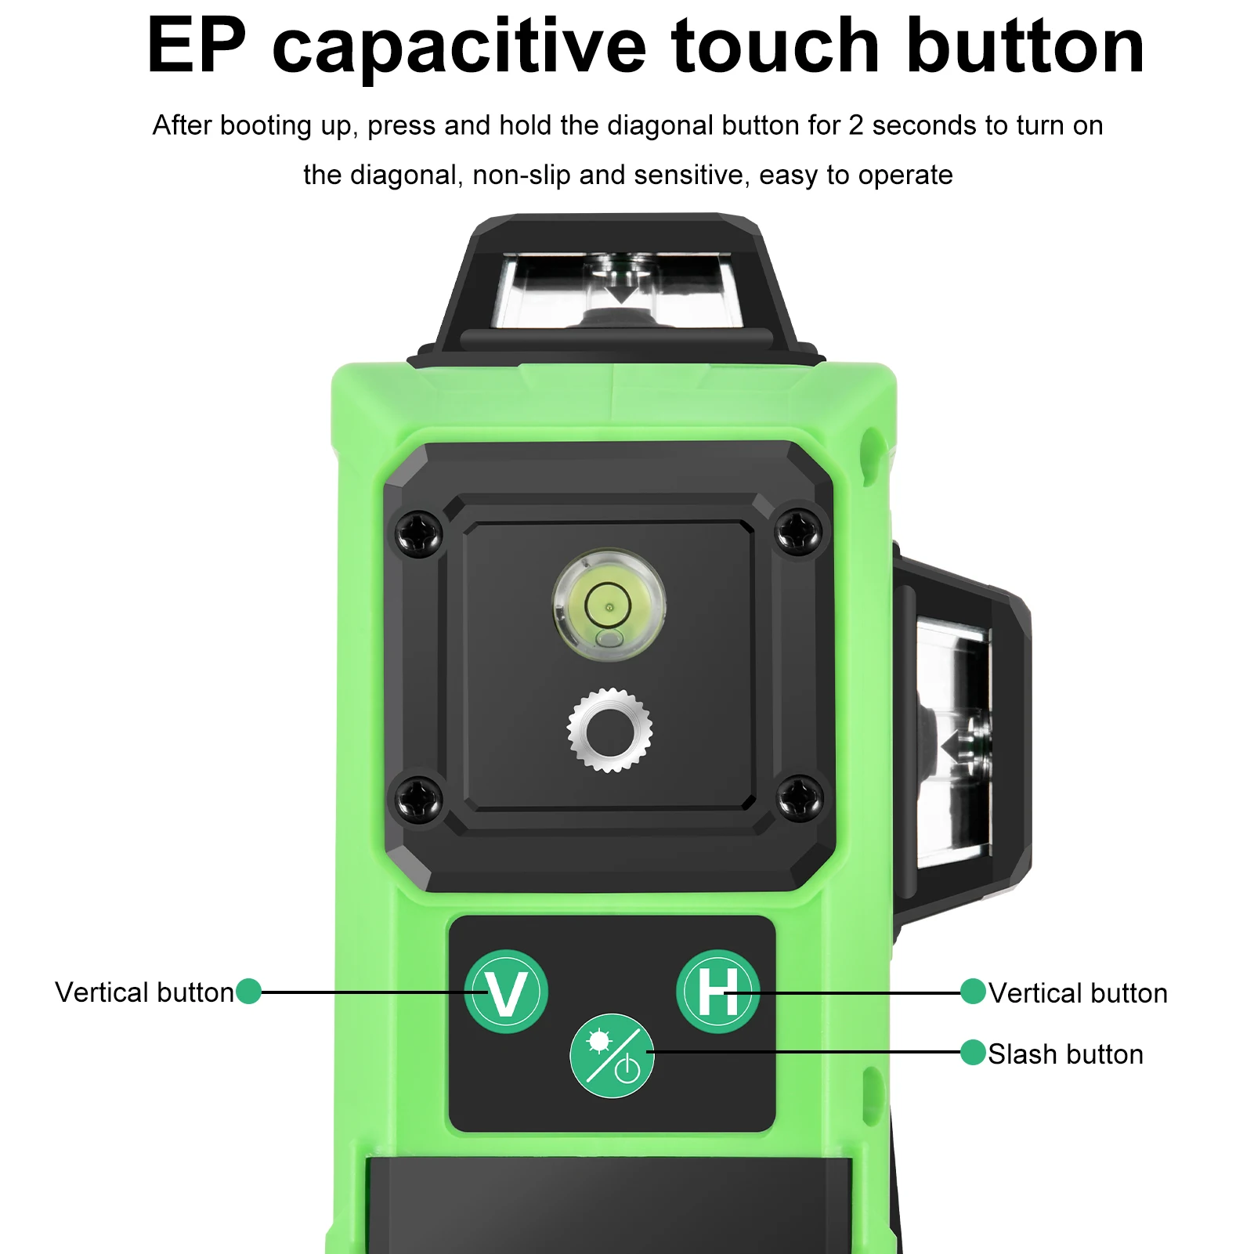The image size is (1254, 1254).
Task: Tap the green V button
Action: tap(506, 992)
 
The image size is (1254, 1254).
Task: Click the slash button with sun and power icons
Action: tap(612, 1056)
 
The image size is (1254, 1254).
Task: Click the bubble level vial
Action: tap(609, 605)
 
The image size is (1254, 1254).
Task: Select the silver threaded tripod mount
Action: tap(609, 730)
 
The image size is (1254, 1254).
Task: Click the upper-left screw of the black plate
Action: tap(419, 534)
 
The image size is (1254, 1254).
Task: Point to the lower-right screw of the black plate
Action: tap(799, 799)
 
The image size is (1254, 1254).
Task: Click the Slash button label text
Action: tap(1065, 1054)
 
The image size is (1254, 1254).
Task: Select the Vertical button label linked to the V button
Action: tap(145, 992)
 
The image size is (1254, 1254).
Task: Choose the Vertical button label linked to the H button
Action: tap(1078, 993)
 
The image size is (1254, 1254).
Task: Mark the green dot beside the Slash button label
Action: tap(973, 1053)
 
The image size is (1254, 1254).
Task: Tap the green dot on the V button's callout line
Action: tap(248, 991)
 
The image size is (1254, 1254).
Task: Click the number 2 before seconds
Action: tap(856, 125)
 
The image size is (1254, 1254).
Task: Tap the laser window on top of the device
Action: tap(619, 290)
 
